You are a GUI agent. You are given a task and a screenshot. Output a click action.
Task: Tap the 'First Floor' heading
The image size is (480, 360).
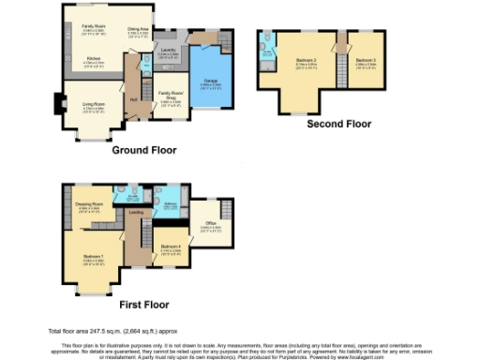click(144, 304)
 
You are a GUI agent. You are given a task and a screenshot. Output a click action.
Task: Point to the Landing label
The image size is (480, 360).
click(136, 212)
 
